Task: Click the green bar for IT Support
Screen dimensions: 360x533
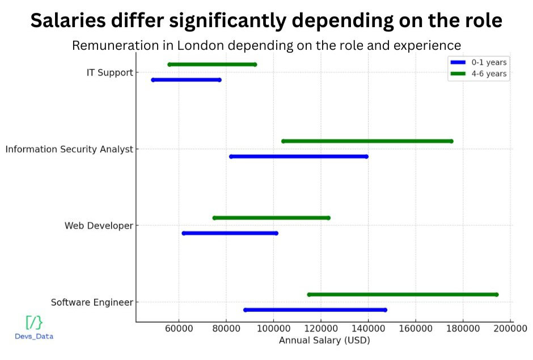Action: pyautogui.click(x=212, y=65)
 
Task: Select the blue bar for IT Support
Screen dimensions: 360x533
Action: pyautogui.click(x=186, y=80)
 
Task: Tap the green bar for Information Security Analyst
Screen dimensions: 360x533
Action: pyautogui.click(x=367, y=141)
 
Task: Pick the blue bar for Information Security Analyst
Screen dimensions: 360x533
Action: pyautogui.click(x=298, y=156)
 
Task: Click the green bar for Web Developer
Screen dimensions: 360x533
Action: pyautogui.click(x=271, y=218)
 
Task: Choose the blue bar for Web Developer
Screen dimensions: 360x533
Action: pyautogui.click(x=230, y=233)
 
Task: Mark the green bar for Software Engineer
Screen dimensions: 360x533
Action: pyautogui.click(x=403, y=294)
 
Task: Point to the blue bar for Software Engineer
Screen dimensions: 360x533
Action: pyautogui.click(x=315, y=310)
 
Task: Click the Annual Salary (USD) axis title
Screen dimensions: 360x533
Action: pyautogui.click(x=324, y=341)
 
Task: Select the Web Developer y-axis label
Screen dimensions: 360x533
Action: pyautogui.click(x=99, y=226)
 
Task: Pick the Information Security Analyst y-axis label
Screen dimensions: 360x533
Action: pyautogui.click(x=69, y=150)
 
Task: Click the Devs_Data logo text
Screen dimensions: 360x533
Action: pyautogui.click(x=34, y=336)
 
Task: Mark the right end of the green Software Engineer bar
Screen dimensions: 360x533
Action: pyautogui.click(x=497, y=294)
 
